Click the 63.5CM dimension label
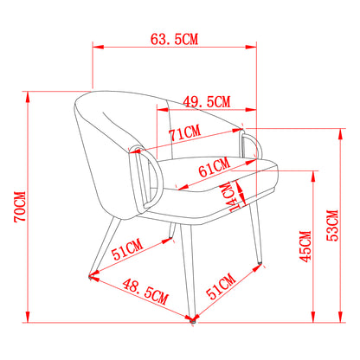(x=174, y=39)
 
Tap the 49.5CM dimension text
(x=207, y=102)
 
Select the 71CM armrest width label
(x=184, y=133)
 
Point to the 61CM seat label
(x=214, y=167)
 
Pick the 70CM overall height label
(x=20, y=207)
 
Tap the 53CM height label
(x=332, y=225)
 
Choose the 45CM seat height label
(x=306, y=247)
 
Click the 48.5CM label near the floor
(x=145, y=292)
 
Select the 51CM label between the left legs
(x=127, y=249)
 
